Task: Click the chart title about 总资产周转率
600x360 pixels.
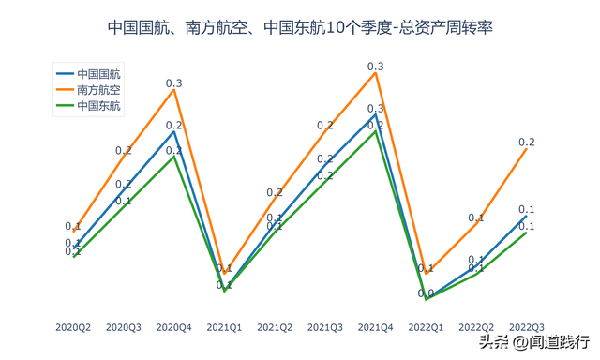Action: click(x=300, y=29)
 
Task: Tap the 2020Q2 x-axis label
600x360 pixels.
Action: click(x=73, y=327)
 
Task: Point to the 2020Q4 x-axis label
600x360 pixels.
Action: click(x=174, y=327)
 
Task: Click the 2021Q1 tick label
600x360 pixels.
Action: click(x=224, y=327)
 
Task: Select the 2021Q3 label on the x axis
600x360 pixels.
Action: click(x=325, y=327)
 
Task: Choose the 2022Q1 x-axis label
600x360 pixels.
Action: click(x=426, y=327)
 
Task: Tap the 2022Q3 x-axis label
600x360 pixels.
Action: click(x=527, y=327)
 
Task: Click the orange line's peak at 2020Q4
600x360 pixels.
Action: click(x=174, y=90)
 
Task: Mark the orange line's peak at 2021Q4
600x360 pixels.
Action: click(x=376, y=73)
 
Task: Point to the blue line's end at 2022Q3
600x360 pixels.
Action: click(x=527, y=215)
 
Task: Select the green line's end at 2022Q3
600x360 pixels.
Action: click(x=527, y=232)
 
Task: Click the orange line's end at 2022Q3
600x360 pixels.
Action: click(x=527, y=148)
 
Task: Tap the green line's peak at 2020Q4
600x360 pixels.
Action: click(x=174, y=156)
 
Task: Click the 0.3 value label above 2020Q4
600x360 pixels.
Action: click(x=174, y=83)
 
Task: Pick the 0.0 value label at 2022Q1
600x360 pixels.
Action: click(x=426, y=293)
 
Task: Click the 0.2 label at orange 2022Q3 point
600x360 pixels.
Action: click(x=527, y=142)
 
